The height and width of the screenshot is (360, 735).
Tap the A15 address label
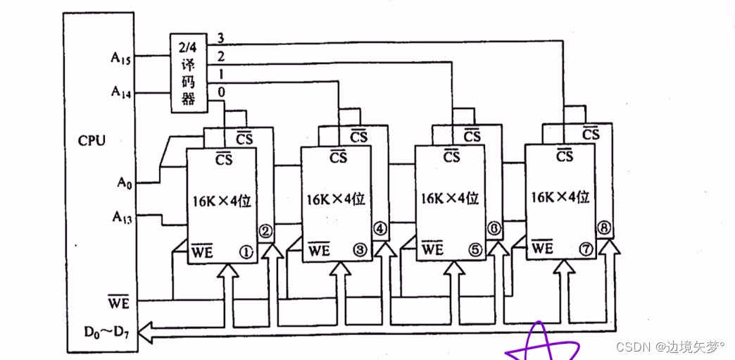[120, 57]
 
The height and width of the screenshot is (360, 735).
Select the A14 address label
[120, 91]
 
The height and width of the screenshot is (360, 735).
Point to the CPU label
[92, 140]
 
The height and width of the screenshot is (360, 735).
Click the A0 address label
[124, 182]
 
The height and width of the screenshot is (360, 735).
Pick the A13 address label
[121, 215]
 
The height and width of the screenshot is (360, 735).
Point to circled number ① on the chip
[246, 250]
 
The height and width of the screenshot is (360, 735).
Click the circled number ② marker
[265, 230]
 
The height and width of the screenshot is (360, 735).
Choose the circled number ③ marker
[360, 249]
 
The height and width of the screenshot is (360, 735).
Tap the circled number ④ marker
[379, 228]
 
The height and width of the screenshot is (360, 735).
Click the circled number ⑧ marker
[603, 228]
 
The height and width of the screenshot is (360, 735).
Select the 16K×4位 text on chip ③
[336, 199]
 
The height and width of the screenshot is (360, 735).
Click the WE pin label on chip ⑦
[542, 247]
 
